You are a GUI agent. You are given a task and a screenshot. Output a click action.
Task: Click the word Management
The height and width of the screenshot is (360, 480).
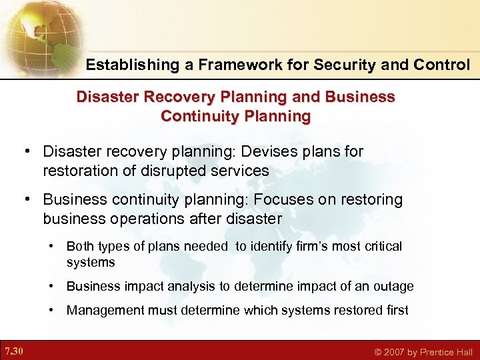pos(101,310)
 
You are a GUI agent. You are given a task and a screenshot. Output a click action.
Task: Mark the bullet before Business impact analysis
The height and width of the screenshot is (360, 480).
pos(52,287)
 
